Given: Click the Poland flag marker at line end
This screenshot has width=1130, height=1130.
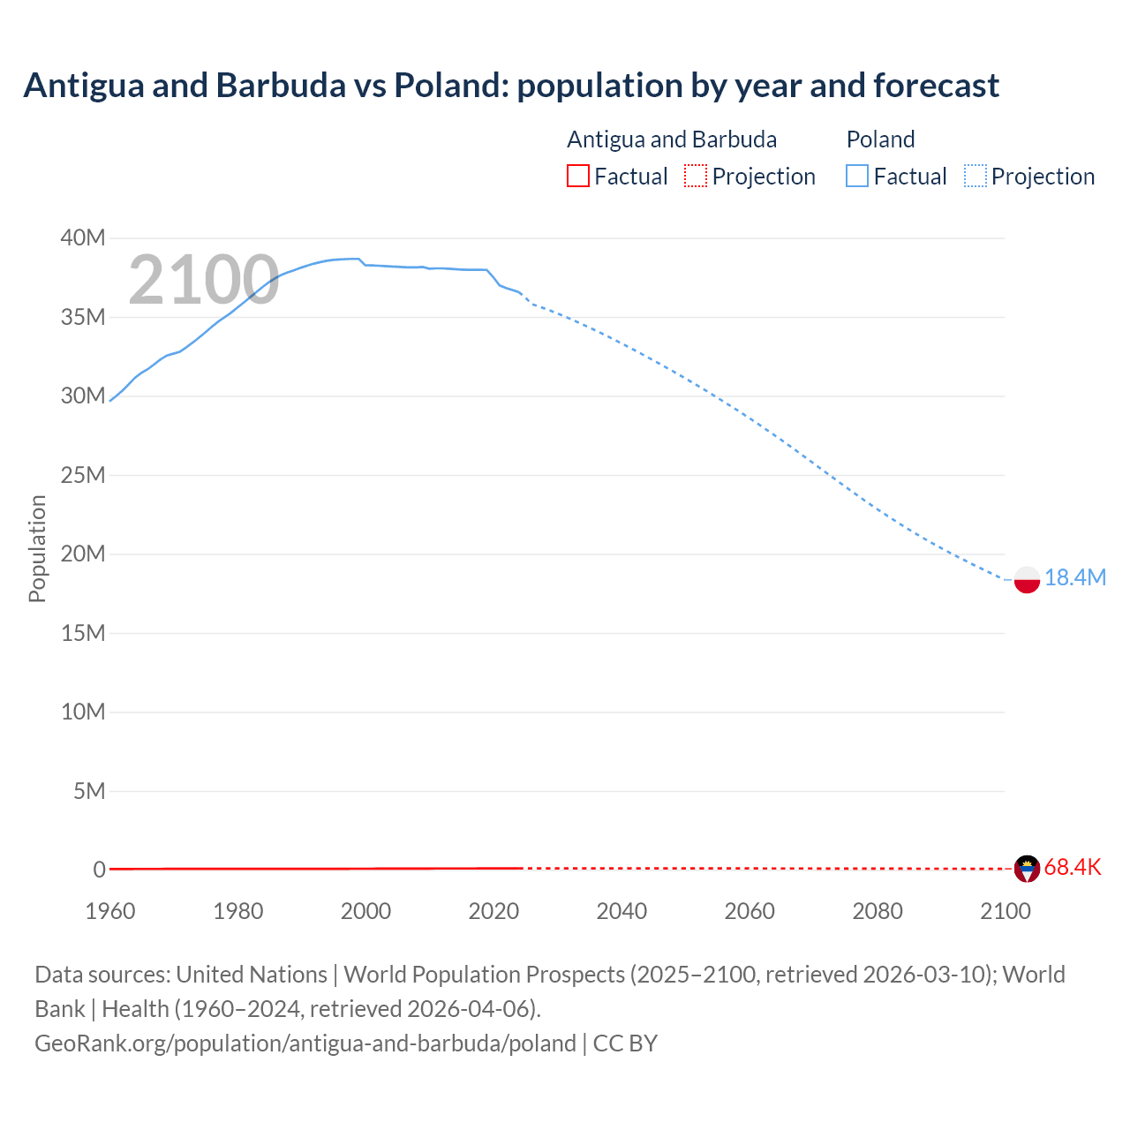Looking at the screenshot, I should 1027,579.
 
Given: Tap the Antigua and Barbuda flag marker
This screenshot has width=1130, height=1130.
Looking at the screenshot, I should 1027,869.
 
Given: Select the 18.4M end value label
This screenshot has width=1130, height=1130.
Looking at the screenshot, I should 1074,577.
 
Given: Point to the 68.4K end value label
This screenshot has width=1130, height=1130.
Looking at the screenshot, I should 1073,867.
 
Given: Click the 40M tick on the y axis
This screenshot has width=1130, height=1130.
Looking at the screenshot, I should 83,237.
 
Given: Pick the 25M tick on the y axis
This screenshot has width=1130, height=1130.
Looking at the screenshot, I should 83,475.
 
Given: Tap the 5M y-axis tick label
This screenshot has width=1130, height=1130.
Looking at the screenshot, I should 89,791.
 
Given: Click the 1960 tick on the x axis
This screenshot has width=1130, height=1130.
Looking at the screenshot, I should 110,911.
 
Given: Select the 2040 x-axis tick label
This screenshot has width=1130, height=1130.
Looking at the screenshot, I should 621,911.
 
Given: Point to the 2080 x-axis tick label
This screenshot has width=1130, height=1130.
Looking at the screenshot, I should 878,911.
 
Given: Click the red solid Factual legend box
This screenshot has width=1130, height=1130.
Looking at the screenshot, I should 578,176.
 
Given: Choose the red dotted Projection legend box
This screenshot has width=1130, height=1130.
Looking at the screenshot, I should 696,176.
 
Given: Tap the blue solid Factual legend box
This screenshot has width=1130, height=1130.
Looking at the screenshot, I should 857,176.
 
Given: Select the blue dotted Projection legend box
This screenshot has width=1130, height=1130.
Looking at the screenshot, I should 976,176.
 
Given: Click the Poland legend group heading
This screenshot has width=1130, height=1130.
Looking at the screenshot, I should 880,139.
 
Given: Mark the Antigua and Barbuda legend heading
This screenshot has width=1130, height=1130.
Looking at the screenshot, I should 672,139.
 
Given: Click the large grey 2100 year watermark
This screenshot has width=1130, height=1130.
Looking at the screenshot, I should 204,280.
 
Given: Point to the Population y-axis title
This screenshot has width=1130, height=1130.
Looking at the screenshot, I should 37,548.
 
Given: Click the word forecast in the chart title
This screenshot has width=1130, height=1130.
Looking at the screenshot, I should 936,86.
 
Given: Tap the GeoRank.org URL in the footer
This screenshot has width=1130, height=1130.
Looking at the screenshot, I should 305,1043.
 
